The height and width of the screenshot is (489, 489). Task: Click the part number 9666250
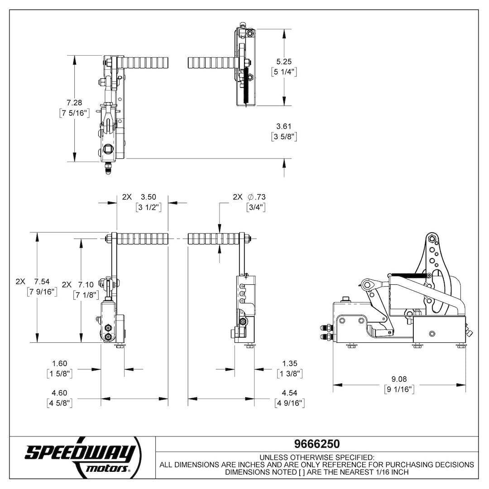[x=317, y=444]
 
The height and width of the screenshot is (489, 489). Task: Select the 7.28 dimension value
[x=74, y=103]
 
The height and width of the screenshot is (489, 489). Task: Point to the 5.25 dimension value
[x=284, y=62]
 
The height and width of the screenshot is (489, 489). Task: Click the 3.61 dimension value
[x=284, y=126]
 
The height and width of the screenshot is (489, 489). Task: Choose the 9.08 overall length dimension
[x=399, y=379]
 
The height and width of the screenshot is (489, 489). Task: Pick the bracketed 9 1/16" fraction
[x=399, y=389]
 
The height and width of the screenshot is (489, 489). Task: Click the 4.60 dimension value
[x=59, y=393]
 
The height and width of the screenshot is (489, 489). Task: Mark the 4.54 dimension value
[x=289, y=393]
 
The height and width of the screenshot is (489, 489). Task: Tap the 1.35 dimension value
[x=290, y=364]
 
